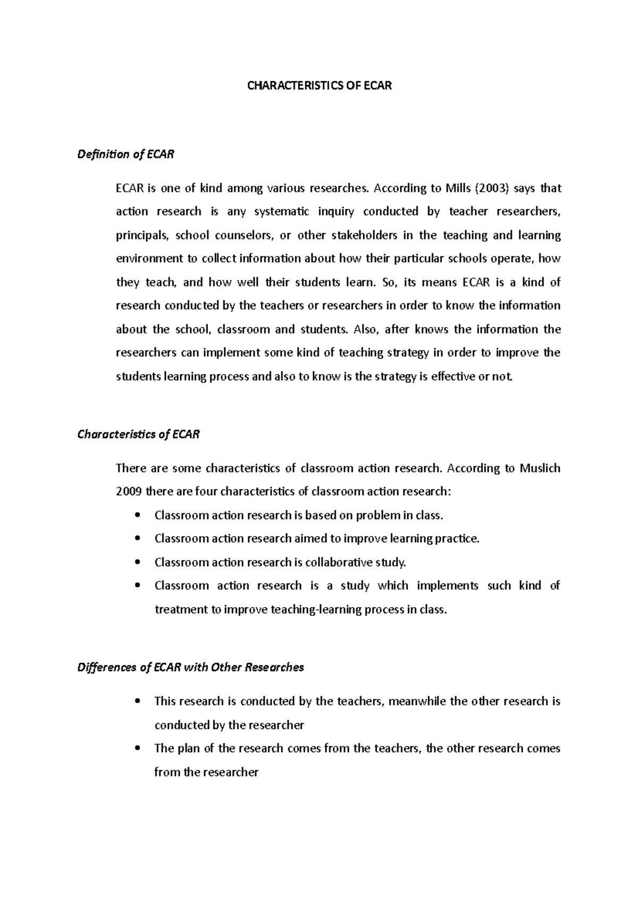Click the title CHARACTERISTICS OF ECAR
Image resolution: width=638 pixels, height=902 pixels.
coord(319,86)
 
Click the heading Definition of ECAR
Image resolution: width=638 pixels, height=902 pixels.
coord(125,155)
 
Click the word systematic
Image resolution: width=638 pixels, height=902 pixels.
coord(282,212)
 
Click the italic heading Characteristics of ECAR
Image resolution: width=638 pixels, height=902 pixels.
coord(138,435)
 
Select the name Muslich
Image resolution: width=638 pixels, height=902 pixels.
coord(540,469)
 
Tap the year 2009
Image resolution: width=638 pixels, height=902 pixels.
coord(129,492)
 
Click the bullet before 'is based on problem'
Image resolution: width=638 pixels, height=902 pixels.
coord(138,515)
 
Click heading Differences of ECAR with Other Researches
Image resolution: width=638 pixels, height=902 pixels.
coord(190,667)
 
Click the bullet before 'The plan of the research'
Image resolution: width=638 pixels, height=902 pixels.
coord(138,748)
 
